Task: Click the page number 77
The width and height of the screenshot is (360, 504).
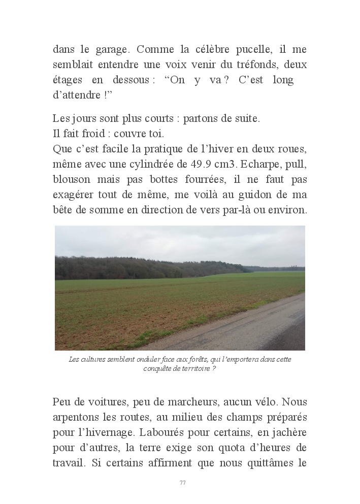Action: pos(182,483)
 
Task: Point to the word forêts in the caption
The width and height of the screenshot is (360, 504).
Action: pos(186,359)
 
